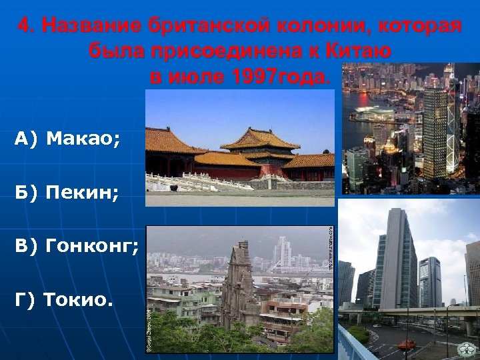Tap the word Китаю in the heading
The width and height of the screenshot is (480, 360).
359,51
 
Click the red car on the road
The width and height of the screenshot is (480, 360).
406,345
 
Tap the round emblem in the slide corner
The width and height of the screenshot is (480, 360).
466,349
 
